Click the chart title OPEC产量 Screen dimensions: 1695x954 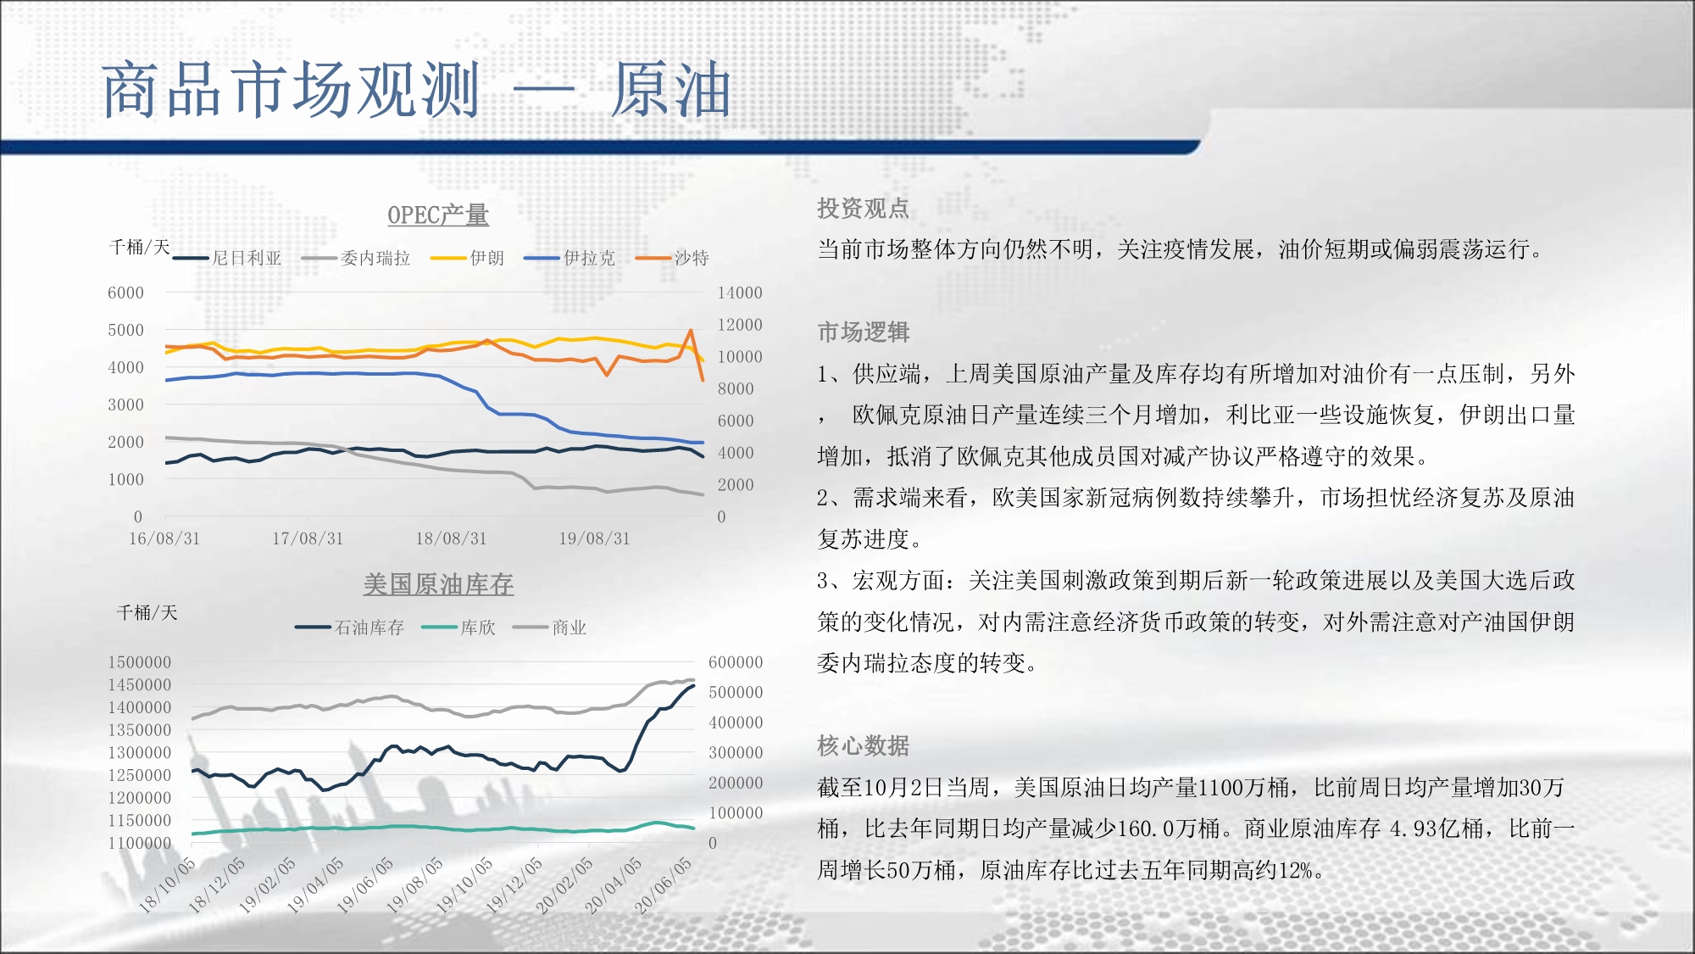point(438,215)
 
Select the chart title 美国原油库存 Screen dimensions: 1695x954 point(438,584)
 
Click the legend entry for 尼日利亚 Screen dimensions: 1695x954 point(227,258)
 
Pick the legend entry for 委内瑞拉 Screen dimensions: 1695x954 point(356,258)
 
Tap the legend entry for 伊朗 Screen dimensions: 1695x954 point(467,258)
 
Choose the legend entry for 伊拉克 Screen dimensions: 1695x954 point(570,258)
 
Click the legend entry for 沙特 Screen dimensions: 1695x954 point(672,258)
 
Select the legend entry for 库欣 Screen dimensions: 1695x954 point(458,628)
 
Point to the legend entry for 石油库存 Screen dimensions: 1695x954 point(350,628)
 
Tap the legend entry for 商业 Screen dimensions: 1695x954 point(550,628)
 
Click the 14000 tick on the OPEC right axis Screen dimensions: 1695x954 point(740,293)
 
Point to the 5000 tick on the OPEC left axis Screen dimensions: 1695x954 point(125,330)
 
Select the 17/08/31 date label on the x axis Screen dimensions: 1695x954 point(308,538)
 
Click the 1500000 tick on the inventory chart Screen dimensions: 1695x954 point(139,662)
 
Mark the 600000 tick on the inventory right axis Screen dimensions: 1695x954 point(736,662)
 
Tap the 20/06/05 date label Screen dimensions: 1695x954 point(664,885)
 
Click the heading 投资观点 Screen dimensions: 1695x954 point(863,209)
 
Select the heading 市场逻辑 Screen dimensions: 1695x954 point(863,332)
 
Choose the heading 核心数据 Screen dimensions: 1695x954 point(863,746)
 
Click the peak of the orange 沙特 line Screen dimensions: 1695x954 point(692,331)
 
